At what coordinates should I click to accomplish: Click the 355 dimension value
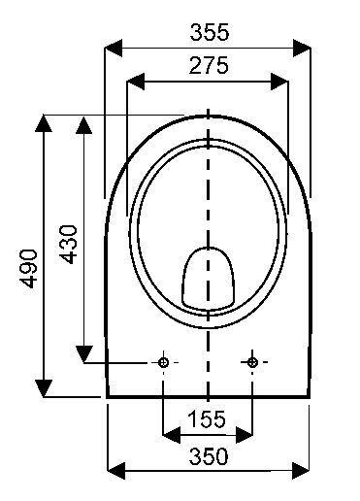click(210, 32)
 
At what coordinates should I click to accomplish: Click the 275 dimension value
click(209, 65)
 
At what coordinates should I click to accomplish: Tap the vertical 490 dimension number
click(29, 269)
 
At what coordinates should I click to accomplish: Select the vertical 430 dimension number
click(68, 245)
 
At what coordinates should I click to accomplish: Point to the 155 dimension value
click(207, 418)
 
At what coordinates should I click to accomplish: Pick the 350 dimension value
click(209, 456)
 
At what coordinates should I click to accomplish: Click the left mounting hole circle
click(163, 362)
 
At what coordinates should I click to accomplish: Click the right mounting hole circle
click(252, 362)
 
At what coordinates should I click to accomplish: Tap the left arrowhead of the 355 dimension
click(114, 48)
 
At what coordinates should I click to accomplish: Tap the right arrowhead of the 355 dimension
click(302, 48)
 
